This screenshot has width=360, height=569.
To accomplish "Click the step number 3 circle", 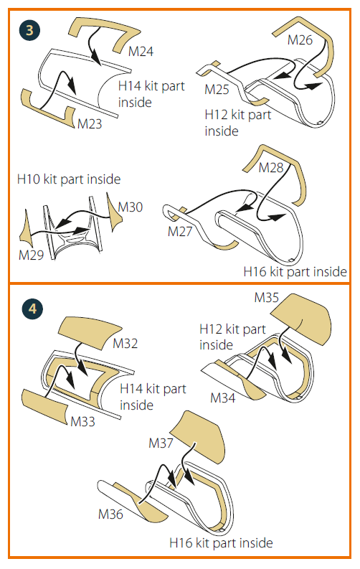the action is [x=29, y=29].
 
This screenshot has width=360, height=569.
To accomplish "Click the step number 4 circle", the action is [x=32, y=309].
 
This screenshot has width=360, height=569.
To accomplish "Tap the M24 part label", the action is [x=141, y=52].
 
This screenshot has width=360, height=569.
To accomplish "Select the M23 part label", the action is [x=90, y=124].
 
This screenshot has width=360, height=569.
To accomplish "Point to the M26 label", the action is [x=300, y=40].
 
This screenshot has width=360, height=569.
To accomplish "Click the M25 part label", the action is [x=217, y=89].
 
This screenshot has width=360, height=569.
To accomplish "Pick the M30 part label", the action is [x=131, y=207].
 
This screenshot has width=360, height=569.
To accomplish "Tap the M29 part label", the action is [x=31, y=255].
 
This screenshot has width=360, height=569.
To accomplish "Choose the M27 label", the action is [x=180, y=232].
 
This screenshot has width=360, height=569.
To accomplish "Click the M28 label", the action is [x=270, y=168].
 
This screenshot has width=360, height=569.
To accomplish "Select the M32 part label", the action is [x=125, y=343].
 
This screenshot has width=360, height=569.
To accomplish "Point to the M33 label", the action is [x=82, y=422].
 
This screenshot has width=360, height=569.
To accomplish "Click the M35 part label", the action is [x=267, y=298].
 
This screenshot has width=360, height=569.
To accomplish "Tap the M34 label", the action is [x=222, y=398].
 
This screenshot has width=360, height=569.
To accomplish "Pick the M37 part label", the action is [x=161, y=443].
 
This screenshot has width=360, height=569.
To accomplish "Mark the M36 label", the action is [x=110, y=514].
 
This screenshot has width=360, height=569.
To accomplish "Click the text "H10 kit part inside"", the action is [x=69, y=179].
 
